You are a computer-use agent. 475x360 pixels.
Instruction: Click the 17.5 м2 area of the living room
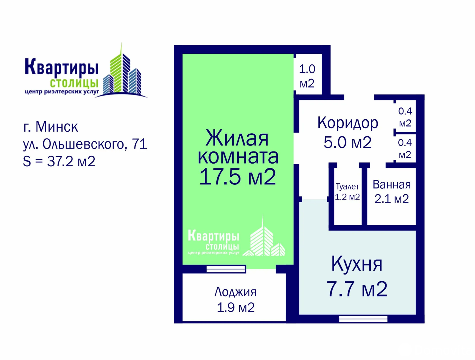tap(237, 176)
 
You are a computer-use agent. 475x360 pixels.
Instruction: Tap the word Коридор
tap(348, 123)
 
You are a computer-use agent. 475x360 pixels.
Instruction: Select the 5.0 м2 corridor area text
tap(348, 142)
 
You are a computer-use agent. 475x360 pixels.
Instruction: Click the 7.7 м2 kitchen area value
tap(357, 289)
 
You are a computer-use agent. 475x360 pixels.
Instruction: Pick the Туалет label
tap(347, 186)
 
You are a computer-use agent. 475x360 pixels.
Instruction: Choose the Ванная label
tap(392, 185)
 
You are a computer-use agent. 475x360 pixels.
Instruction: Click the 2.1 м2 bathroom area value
tap(392, 199)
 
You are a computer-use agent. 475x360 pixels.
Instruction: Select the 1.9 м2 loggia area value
tap(236, 307)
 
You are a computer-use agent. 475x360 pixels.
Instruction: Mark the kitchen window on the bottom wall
tap(363, 319)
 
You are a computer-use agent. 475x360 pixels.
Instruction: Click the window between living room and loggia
tap(226, 269)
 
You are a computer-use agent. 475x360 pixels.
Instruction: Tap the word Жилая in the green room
tap(237, 138)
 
